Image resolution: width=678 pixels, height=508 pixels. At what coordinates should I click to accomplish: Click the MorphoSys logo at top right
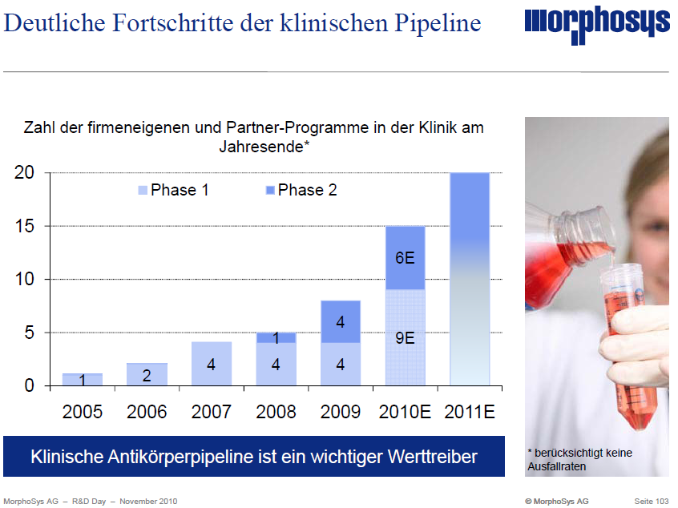click(597, 26)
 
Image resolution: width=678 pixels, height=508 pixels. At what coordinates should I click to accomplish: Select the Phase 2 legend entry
click(301, 190)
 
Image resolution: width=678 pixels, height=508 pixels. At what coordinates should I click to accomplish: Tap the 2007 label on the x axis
click(212, 412)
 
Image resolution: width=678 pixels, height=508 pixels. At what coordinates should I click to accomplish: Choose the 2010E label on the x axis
click(405, 412)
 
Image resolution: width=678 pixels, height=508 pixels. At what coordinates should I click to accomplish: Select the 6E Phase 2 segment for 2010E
click(405, 257)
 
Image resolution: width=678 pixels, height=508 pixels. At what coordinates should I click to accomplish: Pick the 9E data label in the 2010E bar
click(405, 337)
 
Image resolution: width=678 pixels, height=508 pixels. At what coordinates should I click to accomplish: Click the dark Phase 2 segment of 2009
click(341, 321)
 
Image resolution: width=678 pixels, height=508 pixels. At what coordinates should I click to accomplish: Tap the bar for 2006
click(147, 374)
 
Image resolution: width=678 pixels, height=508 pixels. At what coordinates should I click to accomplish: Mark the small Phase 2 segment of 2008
click(276, 337)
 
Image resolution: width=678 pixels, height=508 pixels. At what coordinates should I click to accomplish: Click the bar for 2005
click(83, 379)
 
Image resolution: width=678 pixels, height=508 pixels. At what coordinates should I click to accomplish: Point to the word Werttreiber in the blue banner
click(429, 457)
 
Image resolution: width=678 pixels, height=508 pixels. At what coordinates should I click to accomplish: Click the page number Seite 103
click(651, 501)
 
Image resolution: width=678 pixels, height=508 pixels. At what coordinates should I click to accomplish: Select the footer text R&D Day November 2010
click(120, 501)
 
